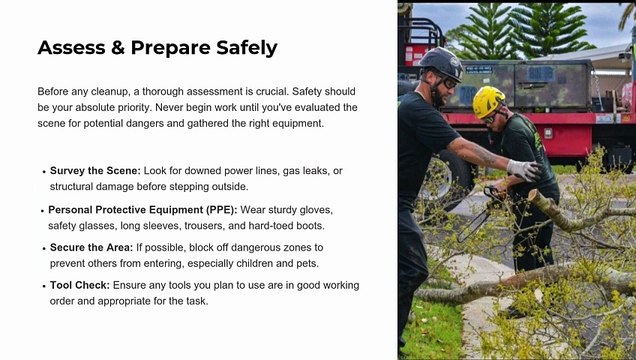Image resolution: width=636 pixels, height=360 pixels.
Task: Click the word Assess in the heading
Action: (x=71, y=47)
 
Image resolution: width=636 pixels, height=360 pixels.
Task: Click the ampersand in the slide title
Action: (x=118, y=47)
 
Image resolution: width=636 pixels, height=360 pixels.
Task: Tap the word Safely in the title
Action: (x=247, y=48)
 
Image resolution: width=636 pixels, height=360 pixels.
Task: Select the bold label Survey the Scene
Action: (x=95, y=171)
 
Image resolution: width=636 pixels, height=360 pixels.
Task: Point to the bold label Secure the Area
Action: (x=91, y=247)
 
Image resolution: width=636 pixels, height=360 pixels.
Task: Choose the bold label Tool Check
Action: (x=80, y=285)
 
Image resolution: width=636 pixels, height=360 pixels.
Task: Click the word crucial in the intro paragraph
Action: (x=272, y=91)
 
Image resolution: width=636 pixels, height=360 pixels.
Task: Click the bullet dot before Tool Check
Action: (x=44, y=286)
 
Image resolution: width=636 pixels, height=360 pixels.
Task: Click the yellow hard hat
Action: (x=488, y=101)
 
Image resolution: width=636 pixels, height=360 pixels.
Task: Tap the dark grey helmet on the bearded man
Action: (x=441, y=63)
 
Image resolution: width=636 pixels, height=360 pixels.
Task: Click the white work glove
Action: (x=524, y=170)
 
